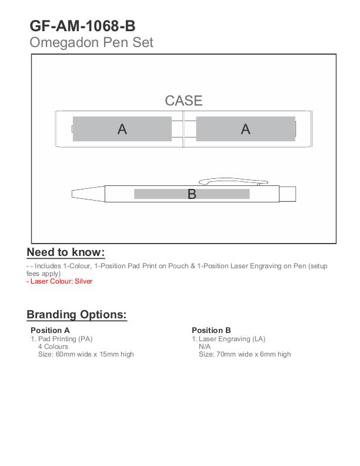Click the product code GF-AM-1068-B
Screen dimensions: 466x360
click(x=82, y=25)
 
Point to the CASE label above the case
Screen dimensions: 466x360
click(x=184, y=101)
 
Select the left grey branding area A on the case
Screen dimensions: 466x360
click(x=122, y=129)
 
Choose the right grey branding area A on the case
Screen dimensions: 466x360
click(x=245, y=129)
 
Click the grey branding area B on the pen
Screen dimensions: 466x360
click(x=192, y=194)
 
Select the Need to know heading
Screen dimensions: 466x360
click(x=66, y=252)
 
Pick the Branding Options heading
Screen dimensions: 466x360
click(x=76, y=314)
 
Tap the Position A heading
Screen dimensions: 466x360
click(x=50, y=330)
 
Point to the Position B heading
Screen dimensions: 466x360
click(x=211, y=330)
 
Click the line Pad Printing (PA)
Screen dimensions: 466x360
click(x=62, y=339)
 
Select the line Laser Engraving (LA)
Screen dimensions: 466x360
click(x=229, y=339)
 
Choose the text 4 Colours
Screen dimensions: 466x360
click(x=53, y=347)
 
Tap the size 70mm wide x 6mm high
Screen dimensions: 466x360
click(x=245, y=354)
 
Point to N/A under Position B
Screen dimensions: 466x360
click(x=205, y=347)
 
